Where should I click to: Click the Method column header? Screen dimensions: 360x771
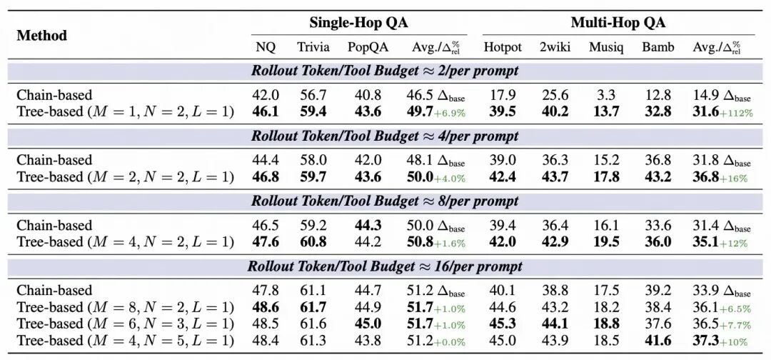[41, 36]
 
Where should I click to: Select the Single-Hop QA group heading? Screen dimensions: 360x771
[358, 22]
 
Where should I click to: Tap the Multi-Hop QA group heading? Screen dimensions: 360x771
[618, 22]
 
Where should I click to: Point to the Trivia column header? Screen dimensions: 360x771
[313, 47]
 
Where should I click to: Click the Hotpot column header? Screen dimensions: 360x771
[503, 47]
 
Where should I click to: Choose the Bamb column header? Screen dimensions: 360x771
[657, 47]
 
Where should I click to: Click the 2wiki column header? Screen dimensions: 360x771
[554, 47]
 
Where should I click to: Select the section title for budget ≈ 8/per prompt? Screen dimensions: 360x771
[385, 201]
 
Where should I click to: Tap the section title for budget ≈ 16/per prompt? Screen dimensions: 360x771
[385, 266]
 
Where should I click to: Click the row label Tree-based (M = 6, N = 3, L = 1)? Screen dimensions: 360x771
[125, 323]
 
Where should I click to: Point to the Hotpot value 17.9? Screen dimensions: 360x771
[502, 95]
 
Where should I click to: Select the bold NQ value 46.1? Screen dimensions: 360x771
[266, 111]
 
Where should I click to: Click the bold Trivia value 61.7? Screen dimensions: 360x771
[313, 306]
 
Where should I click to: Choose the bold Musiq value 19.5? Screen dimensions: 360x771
[605, 241]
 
